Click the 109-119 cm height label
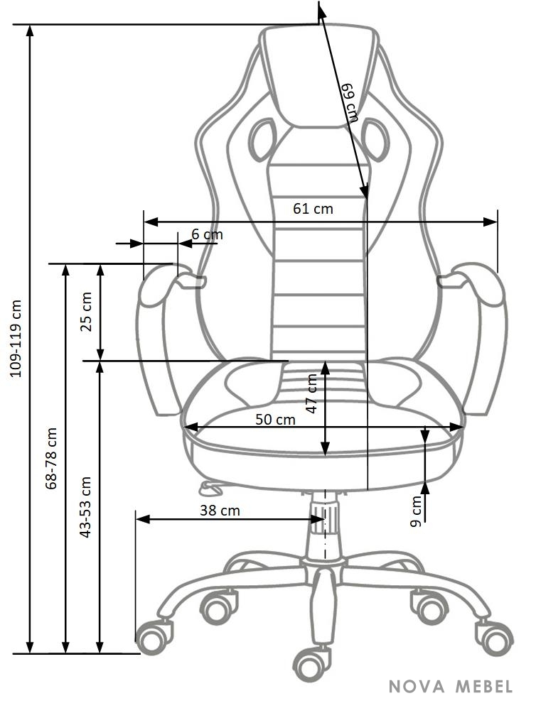16,338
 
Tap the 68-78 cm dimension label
51,458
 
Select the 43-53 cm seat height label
85,506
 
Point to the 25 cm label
86,312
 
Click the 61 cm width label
313,209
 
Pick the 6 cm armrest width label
207,234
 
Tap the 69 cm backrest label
349,102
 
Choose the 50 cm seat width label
275,420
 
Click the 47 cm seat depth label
312,393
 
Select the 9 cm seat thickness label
415,511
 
